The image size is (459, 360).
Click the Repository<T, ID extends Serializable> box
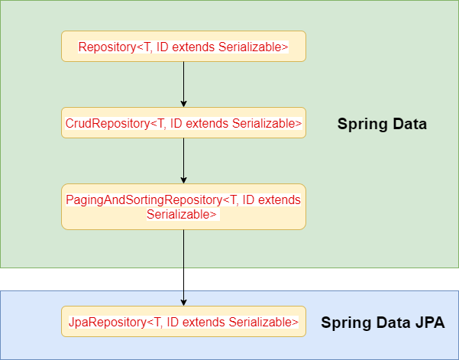coord(183,47)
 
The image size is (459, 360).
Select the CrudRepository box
coord(183,123)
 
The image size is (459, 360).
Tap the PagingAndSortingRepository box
coord(183,206)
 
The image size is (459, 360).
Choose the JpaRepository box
coord(183,322)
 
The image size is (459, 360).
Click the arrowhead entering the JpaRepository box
coord(183,302)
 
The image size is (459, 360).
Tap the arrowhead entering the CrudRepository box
coord(183,104)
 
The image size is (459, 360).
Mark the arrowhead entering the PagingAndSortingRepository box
coord(183,180)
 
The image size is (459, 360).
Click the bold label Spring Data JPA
coord(383,323)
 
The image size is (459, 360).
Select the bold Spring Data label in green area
coord(382,124)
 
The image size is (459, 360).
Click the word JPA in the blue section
coord(429,323)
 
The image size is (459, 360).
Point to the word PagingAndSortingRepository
coord(144,199)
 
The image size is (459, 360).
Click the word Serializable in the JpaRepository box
coord(260,323)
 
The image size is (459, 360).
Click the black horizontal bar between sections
coord(229,279)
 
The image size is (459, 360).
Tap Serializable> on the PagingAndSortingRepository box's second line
coord(183,215)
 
